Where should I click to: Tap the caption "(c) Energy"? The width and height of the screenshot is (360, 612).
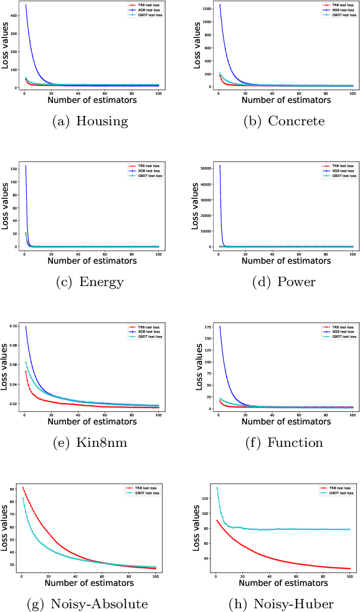[90, 282]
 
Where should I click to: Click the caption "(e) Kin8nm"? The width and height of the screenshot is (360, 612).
[90, 442]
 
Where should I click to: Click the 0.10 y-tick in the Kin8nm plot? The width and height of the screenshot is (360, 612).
[12, 326]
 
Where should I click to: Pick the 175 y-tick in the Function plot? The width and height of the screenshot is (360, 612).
[207, 326]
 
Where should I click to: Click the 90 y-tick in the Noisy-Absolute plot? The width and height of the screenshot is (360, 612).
[15, 489]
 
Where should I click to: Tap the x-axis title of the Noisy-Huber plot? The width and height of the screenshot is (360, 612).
[284, 582]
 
